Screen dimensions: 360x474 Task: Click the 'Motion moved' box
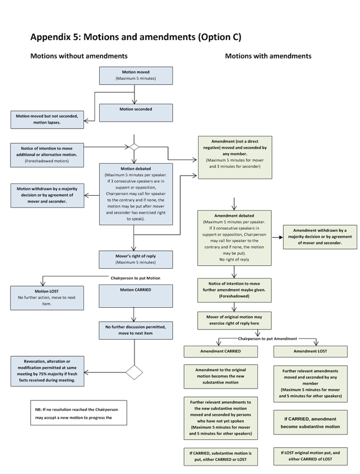[x=136, y=76]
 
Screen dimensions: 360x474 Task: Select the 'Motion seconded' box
[x=136, y=113]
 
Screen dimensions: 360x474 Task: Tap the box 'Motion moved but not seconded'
[x=47, y=120]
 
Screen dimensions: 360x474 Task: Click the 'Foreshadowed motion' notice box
[x=47, y=155]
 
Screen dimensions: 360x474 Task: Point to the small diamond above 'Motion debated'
[x=134, y=147]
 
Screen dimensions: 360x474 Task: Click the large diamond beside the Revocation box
[x=134, y=372]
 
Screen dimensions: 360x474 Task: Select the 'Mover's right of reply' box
[x=136, y=259]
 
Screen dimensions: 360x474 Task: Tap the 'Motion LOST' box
[x=47, y=298]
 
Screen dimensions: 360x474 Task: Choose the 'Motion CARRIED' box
[x=136, y=296]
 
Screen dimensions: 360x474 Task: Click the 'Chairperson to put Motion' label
[x=136, y=278]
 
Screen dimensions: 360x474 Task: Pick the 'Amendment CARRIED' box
[x=220, y=351]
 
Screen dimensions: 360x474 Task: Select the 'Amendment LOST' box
[x=310, y=351]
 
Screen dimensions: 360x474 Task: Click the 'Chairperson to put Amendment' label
[x=267, y=339]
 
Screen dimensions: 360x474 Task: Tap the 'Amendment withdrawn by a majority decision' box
[x=320, y=237]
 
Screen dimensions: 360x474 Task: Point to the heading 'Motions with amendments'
[x=268, y=56]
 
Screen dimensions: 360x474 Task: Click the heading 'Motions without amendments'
[x=79, y=56]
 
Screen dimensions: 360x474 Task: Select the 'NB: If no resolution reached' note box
[x=79, y=413]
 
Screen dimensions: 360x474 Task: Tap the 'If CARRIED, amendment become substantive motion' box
[x=310, y=423]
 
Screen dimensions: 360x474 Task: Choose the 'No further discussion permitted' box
[x=136, y=330]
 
